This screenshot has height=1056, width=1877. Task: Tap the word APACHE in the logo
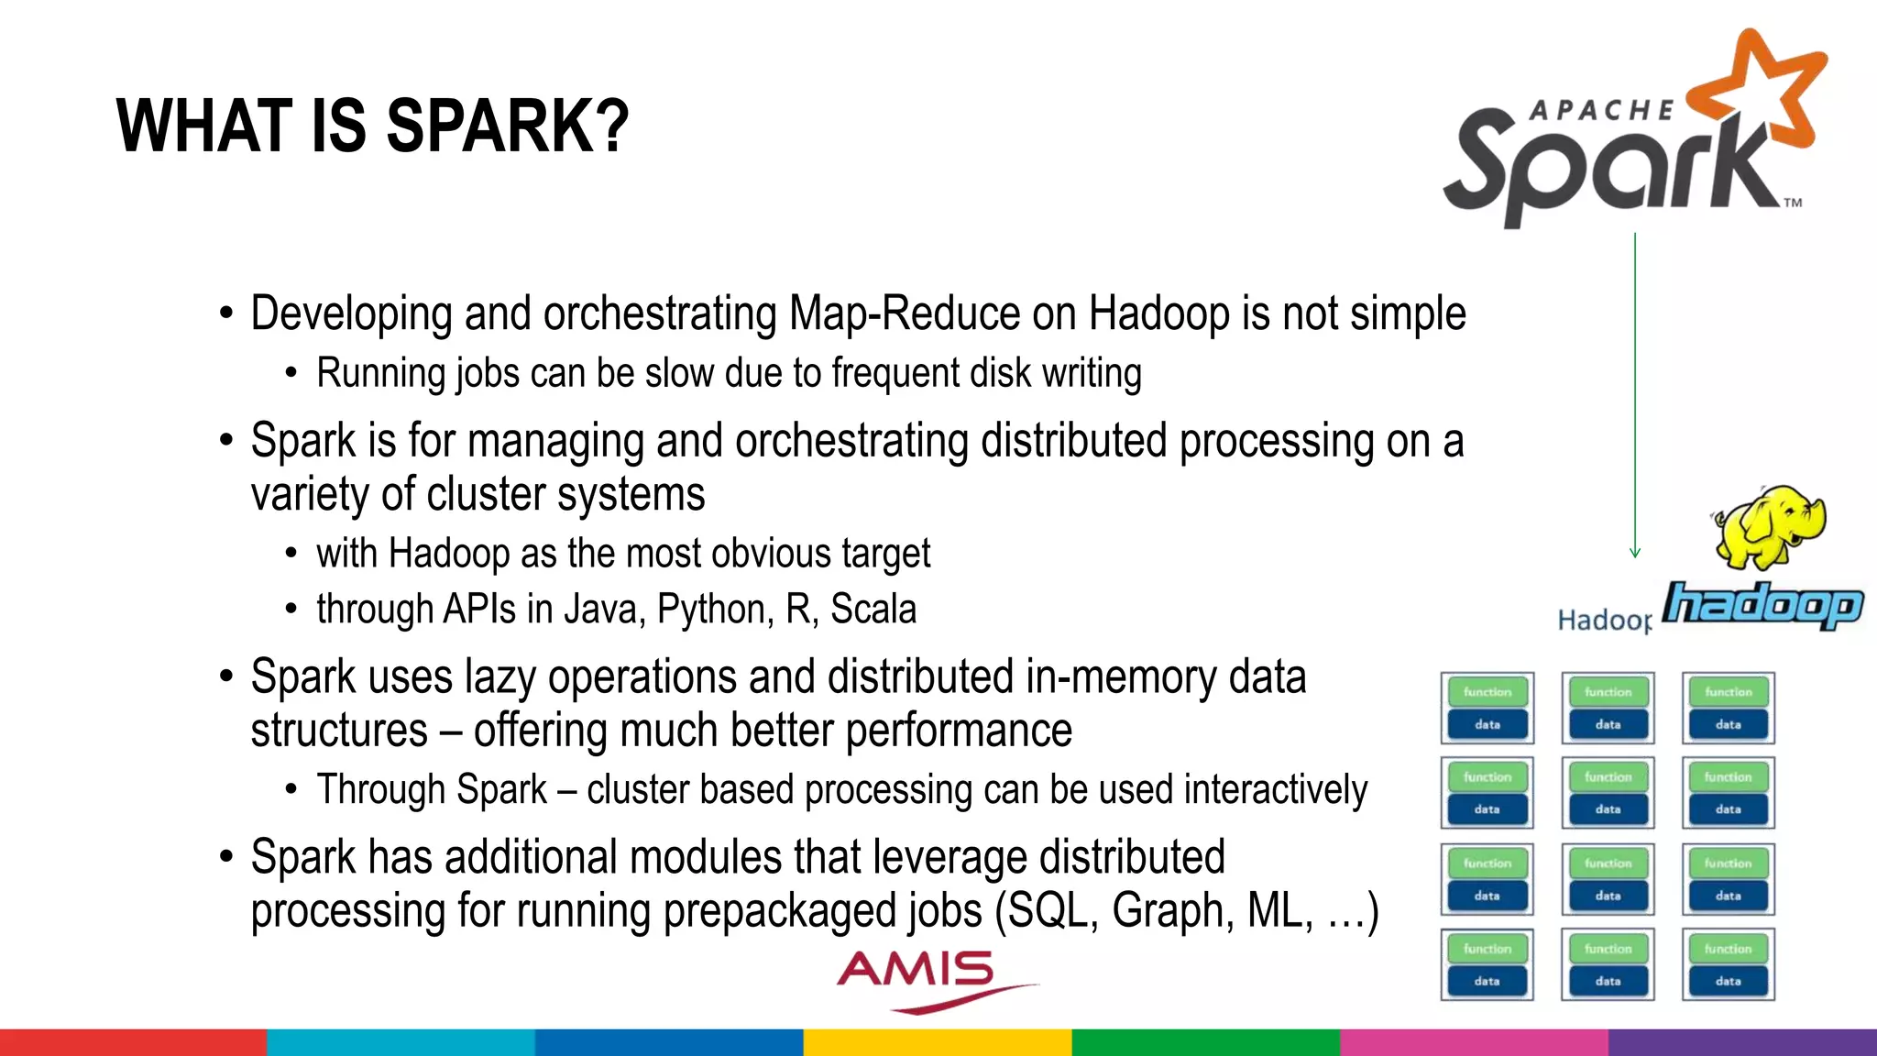pyautogui.click(x=1602, y=111)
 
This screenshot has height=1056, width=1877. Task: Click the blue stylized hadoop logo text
pyautogui.click(x=1762, y=605)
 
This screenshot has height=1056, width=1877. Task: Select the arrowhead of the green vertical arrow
pyautogui.click(x=1635, y=552)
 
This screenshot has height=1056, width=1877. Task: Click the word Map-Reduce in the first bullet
pyautogui.click(x=904, y=313)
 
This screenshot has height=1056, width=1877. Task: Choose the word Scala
pyautogui.click(x=873, y=610)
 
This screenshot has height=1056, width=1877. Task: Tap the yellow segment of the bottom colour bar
pyautogui.click(x=938, y=1042)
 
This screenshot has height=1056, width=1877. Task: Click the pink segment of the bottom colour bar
pyautogui.click(x=1474, y=1042)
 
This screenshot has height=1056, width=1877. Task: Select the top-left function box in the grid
pyautogui.click(x=1487, y=692)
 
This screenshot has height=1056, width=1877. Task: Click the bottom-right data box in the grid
pyautogui.click(x=1728, y=981)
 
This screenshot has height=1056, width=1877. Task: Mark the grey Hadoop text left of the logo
pyautogui.click(x=1604, y=621)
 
